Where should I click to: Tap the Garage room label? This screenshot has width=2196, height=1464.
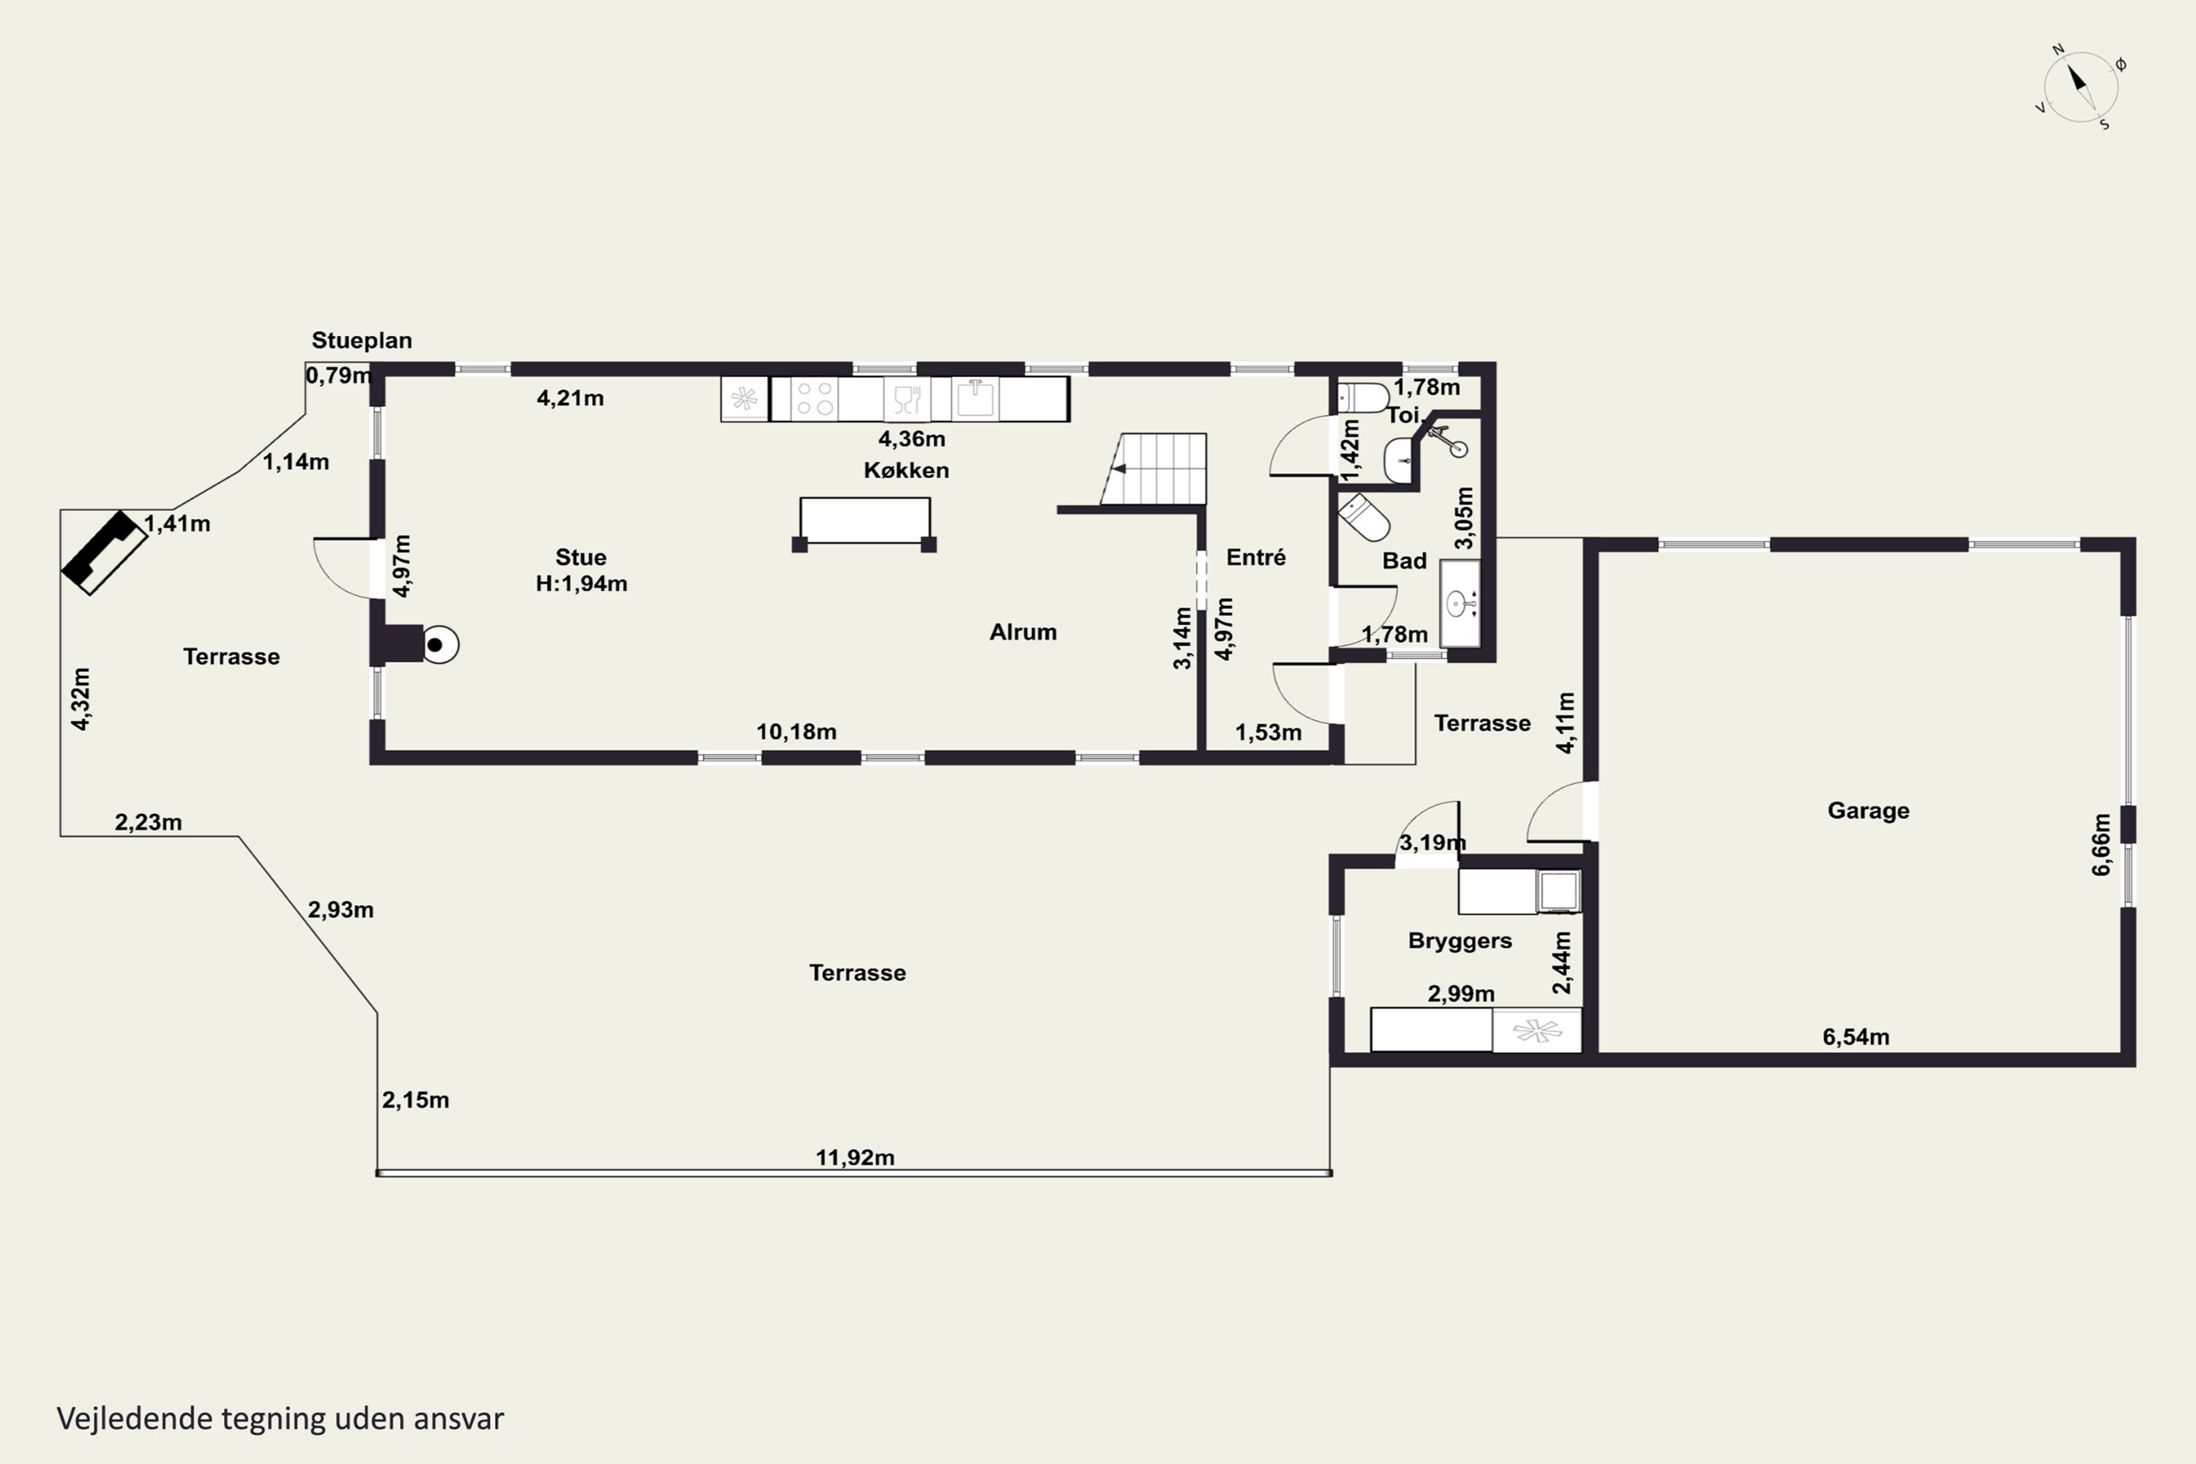pos(1868,810)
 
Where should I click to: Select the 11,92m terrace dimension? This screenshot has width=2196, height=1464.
pos(855,1158)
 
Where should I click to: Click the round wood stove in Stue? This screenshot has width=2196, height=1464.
pos(440,644)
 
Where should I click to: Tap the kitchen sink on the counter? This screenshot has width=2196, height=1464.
pos(976,399)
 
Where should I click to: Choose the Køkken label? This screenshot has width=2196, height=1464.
pos(905,470)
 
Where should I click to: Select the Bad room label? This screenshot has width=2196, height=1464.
pos(1404,561)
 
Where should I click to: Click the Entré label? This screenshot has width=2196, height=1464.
pos(1256,557)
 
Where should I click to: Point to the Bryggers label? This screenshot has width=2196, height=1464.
pos(1460,941)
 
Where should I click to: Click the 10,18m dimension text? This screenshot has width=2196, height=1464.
pos(796,732)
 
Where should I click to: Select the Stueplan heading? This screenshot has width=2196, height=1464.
pos(362,341)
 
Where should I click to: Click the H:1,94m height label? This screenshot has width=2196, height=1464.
pos(580,583)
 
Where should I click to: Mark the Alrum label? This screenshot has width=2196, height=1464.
pos(1023,632)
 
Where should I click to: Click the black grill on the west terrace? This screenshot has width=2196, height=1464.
pos(105,553)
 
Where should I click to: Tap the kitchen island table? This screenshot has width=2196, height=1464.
pos(864,525)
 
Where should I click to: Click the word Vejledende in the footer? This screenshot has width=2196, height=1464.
pos(135,1419)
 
